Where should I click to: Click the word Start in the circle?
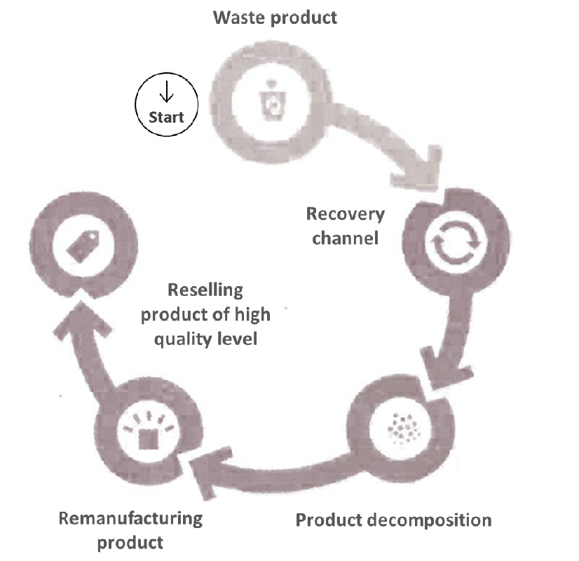click(x=166, y=116)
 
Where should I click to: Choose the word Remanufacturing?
click(x=130, y=519)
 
